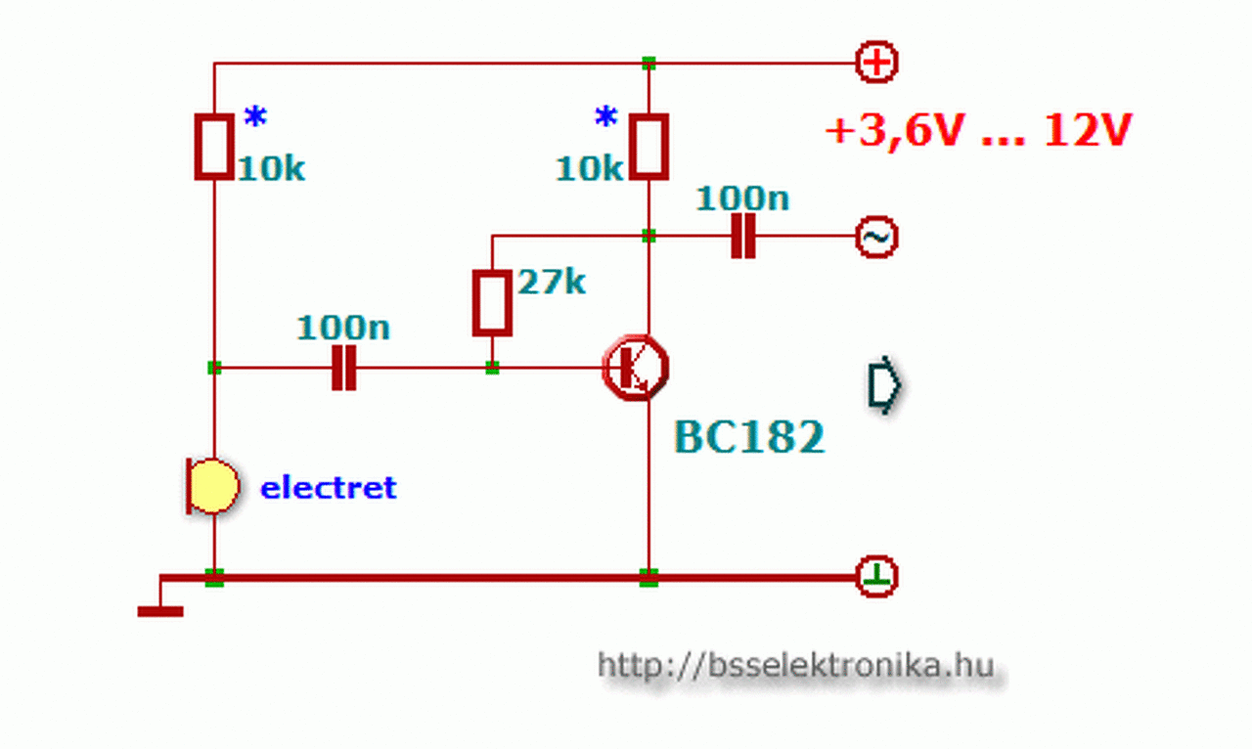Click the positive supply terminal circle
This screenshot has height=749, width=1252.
[876, 63]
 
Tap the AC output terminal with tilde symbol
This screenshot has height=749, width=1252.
[876, 237]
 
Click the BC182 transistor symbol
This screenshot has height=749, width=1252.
[635, 368]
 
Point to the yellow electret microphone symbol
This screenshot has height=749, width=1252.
[211, 486]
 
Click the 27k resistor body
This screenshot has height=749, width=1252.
[492, 303]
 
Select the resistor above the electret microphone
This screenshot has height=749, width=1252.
[214, 147]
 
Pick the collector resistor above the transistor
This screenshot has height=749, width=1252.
[648, 147]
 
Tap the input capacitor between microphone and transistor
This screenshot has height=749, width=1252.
[343, 369]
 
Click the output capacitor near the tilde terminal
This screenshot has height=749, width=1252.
[743, 237]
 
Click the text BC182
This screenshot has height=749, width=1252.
[749, 437]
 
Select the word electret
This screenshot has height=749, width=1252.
[329, 487]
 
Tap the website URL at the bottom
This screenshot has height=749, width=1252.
[795, 666]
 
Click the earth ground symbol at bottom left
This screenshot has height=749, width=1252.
[159, 611]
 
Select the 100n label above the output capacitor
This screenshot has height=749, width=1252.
[742, 198]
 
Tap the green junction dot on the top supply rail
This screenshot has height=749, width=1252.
[648, 64]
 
